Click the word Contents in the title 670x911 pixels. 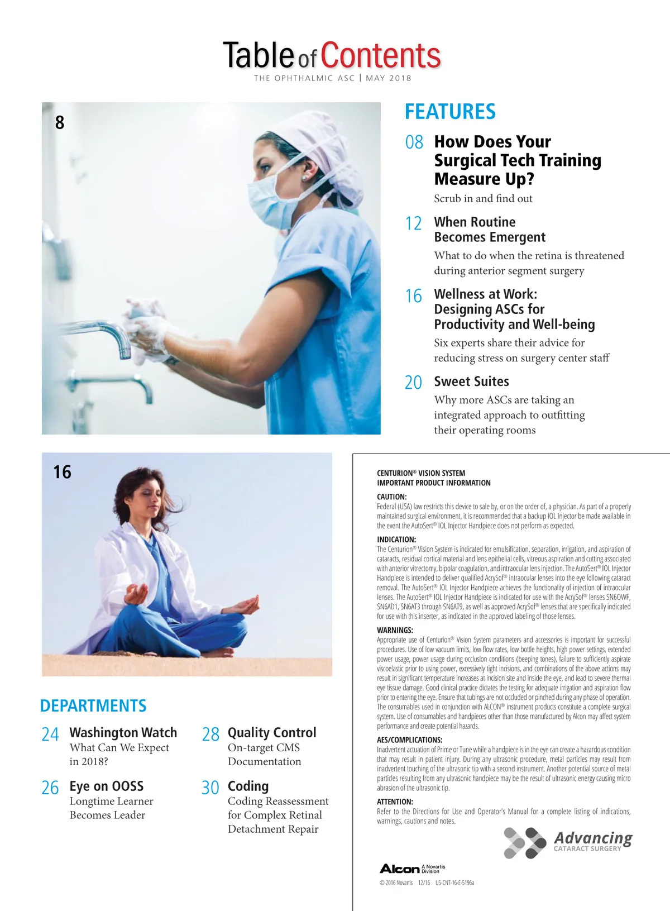pos(381,56)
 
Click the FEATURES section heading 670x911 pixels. pos(450,112)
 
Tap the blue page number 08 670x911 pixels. pos(414,142)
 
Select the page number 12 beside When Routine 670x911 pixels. pos(414,223)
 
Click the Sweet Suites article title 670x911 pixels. pos(471,381)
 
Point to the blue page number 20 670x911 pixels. pos(414,383)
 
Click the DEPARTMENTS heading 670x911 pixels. pos(93,705)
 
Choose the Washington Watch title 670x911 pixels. pos(123,732)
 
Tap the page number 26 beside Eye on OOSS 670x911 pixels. pos(50,788)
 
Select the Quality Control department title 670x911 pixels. pos(272,732)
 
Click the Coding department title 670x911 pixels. pos(248,786)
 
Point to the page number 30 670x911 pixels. pos(210,788)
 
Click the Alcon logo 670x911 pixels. pos(400,869)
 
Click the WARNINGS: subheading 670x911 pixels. pos(395,630)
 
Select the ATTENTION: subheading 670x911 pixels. pos(395,802)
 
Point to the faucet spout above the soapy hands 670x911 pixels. pos(109,332)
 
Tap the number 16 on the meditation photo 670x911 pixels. pos(63,472)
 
